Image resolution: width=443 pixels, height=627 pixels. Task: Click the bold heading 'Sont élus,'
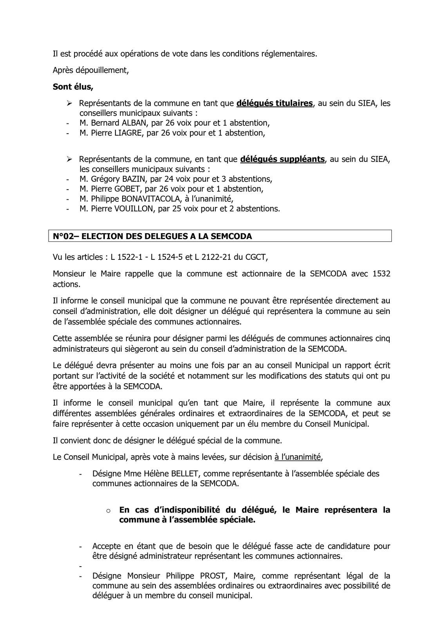[x=73, y=87]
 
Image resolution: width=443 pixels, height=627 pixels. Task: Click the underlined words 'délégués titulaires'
[x=275, y=103]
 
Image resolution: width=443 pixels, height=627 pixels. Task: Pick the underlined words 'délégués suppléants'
[x=282, y=159]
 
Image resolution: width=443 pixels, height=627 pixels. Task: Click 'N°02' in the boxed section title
[x=63, y=236]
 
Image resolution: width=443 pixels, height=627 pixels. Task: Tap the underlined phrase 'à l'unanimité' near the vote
[x=298, y=457]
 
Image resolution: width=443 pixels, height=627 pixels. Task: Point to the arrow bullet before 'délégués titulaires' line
[x=69, y=103]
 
